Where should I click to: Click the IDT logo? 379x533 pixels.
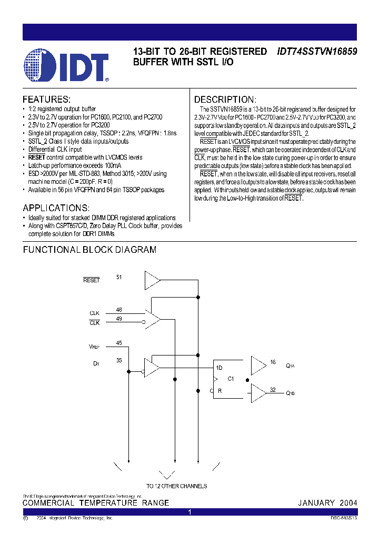pos(66,66)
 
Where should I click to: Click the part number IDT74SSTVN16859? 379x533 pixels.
pos(317,52)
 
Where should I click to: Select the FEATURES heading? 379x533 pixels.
pos(46,100)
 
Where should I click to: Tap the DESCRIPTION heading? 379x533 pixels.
pos(225,100)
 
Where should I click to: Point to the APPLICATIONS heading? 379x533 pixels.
pos(56,208)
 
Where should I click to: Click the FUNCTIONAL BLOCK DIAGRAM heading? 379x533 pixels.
pos(89,250)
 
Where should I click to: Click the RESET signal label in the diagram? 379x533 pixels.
pos(92,280)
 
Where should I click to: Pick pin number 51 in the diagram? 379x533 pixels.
pos(119,277)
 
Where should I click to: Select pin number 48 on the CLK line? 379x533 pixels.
pos(119,310)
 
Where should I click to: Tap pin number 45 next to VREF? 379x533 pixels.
pos(119,343)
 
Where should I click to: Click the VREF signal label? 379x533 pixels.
pos(94,347)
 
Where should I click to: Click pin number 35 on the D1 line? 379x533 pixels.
pos(119,361)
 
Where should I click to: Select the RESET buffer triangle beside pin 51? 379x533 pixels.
pos(152,280)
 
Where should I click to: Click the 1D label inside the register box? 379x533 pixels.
pos(219,368)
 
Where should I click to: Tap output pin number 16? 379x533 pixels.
pos(273,362)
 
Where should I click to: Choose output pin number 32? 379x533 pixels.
pos(273,390)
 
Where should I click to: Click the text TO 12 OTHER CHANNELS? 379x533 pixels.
pos(176,486)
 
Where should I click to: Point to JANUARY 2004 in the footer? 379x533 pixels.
pos(327,503)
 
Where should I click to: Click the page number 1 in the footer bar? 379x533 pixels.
pos(189,512)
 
